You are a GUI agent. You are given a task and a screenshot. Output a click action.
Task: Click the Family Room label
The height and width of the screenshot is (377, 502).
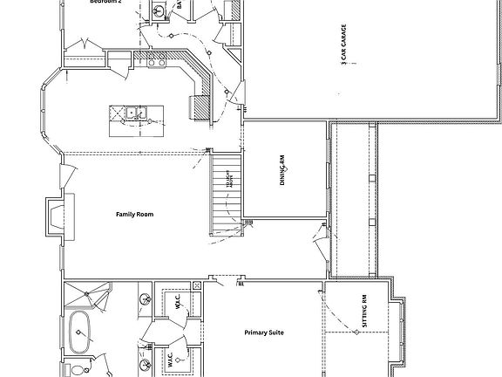click(x=134, y=213)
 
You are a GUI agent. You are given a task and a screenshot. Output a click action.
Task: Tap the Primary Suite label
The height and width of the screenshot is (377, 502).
click(x=264, y=332)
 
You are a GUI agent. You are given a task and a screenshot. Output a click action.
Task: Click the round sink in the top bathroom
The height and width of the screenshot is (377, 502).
click(x=160, y=10)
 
